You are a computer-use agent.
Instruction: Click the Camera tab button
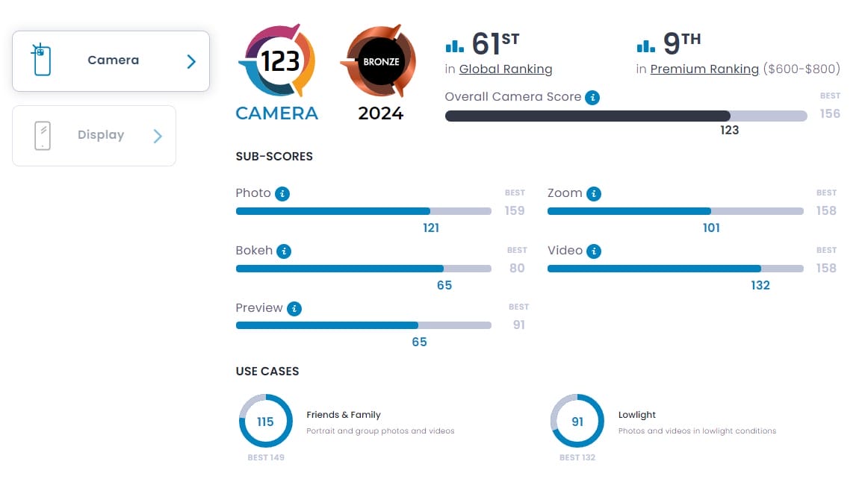coord(111,61)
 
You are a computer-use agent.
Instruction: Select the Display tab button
coord(94,136)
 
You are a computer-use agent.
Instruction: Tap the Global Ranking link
coord(506,69)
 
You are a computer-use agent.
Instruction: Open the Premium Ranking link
coord(704,69)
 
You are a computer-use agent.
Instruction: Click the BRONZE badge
coord(381,62)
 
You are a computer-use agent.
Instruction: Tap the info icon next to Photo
coord(282,194)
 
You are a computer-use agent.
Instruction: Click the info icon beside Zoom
coord(594,194)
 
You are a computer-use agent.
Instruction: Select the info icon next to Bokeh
coord(284,251)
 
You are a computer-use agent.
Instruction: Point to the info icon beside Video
coord(595,251)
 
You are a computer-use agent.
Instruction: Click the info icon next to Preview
coord(294,308)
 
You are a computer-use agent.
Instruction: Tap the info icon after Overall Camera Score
coord(592,98)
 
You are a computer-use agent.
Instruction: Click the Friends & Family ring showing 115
coord(265,422)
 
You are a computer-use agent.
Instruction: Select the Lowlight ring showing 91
coord(577,422)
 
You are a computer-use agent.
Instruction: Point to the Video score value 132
coord(760,285)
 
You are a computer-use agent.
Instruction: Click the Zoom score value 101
coord(711,228)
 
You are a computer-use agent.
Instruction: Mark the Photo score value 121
coord(431,228)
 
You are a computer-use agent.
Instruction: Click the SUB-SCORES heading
coord(274,157)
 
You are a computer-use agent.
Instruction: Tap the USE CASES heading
coord(267,371)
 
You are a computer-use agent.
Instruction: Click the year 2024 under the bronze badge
coord(380,114)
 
